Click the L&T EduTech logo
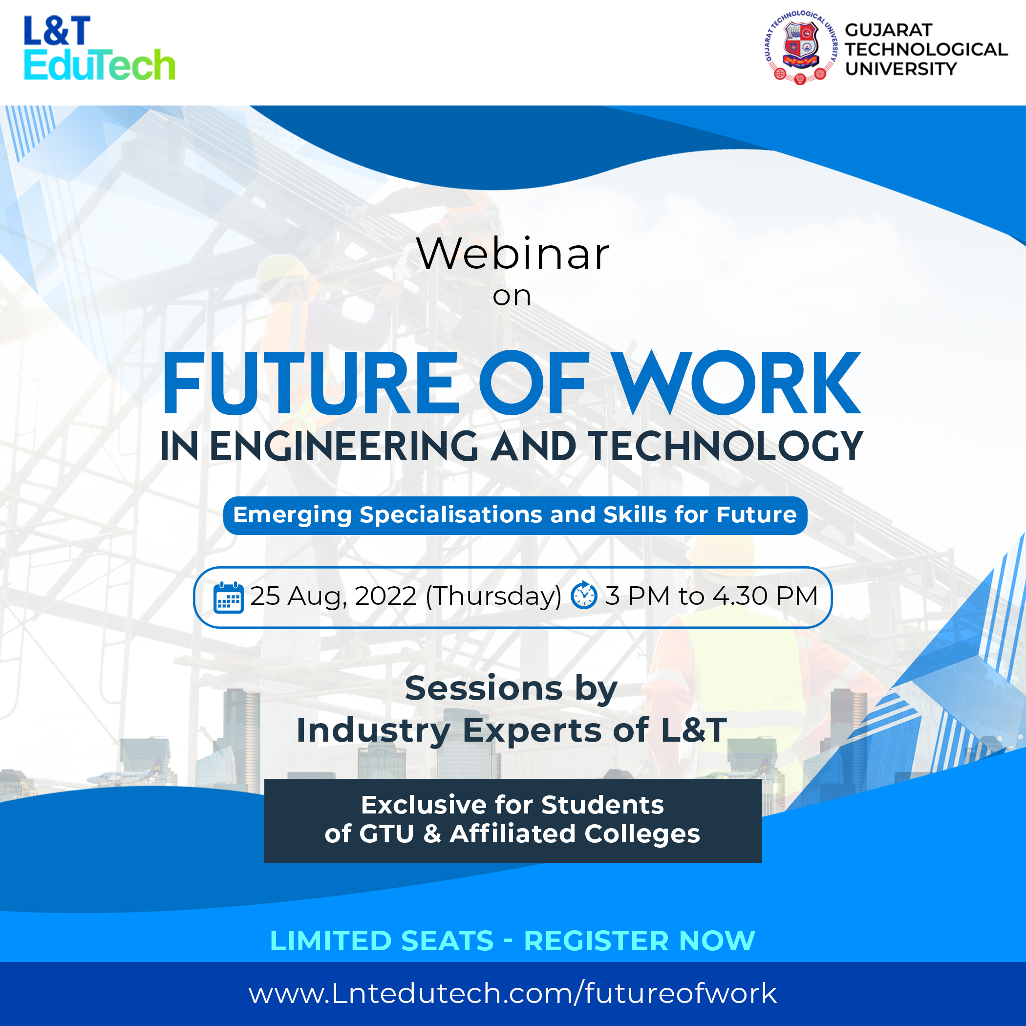click(99, 48)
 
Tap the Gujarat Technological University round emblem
click(800, 47)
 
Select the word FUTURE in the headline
click(310, 383)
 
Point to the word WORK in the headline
click(738, 383)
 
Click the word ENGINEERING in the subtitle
click(344, 446)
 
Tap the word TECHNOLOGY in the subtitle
click(726, 446)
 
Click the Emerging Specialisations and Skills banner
click(515, 515)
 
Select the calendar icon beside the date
click(228, 598)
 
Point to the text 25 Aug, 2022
click(334, 597)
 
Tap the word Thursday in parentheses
click(493, 597)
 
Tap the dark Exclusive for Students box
click(513, 820)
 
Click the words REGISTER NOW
click(640, 940)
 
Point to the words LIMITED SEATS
click(382, 940)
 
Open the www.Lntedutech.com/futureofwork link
click(513, 993)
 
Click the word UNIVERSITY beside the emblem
click(901, 68)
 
